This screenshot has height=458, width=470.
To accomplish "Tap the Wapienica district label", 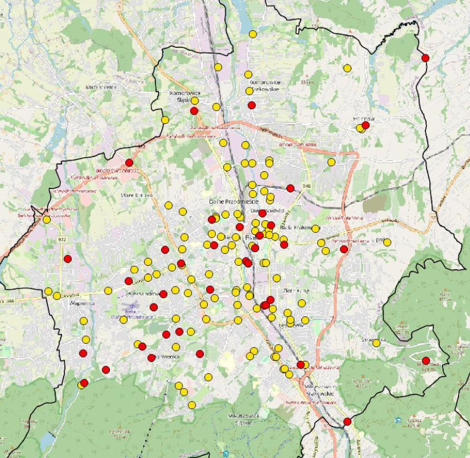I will click(68, 303).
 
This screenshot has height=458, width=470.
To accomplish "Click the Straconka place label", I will click(372, 339).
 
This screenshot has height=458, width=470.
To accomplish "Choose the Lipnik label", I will click(377, 241).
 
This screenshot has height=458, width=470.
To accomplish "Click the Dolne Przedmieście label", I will click(230, 202).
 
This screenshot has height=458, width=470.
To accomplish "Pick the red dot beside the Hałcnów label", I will click(366, 125).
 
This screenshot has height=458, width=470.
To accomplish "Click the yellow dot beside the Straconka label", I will click(377, 343).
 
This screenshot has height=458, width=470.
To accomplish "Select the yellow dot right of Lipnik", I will click(387, 242).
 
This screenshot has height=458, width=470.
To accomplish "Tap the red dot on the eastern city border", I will click(425, 58).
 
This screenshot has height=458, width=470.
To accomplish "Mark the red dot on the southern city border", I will click(347, 421).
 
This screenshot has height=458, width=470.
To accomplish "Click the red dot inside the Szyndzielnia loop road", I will click(425, 360).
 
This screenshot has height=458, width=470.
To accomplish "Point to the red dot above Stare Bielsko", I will click(129, 163).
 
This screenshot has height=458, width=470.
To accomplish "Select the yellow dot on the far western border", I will click(47, 220).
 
